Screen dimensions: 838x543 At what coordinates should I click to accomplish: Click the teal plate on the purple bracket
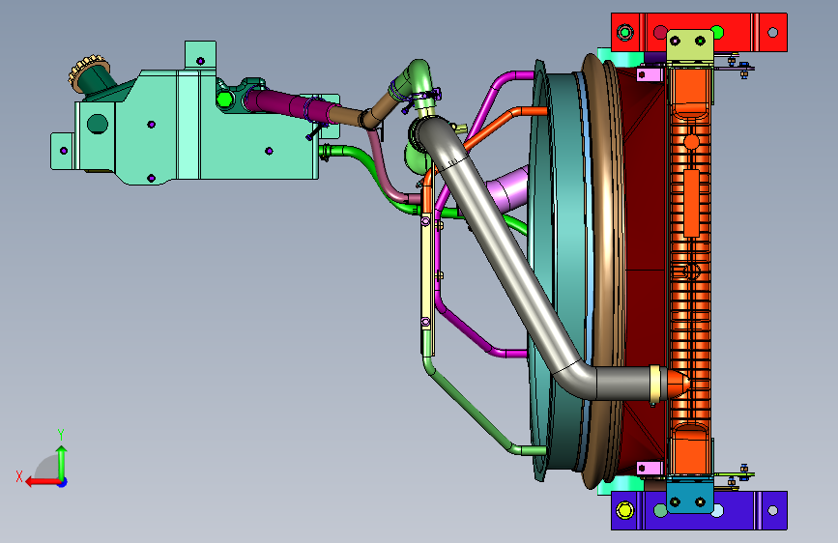click(689, 497)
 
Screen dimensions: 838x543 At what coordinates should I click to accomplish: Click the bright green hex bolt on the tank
click(224, 99)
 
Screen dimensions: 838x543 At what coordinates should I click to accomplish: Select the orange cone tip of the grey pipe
click(678, 384)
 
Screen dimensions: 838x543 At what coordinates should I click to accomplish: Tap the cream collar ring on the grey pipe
click(655, 384)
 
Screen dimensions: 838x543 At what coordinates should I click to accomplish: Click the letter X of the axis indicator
click(19, 476)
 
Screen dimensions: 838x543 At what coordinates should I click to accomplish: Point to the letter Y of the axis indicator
click(61, 435)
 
